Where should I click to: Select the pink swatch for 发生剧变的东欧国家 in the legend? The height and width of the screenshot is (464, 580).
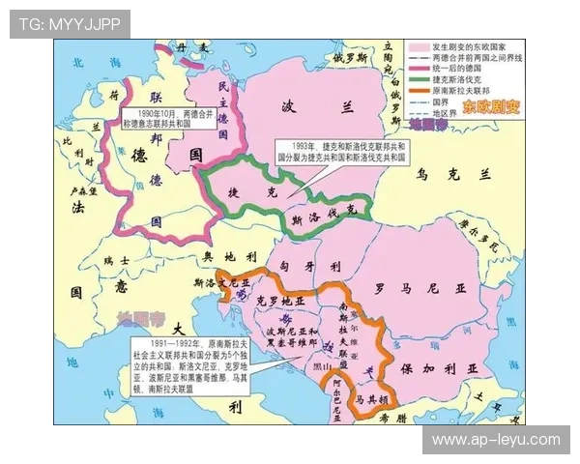(418, 46)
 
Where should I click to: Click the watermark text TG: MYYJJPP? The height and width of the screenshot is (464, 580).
(70, 24)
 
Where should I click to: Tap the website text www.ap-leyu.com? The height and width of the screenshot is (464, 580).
(495, 440)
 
